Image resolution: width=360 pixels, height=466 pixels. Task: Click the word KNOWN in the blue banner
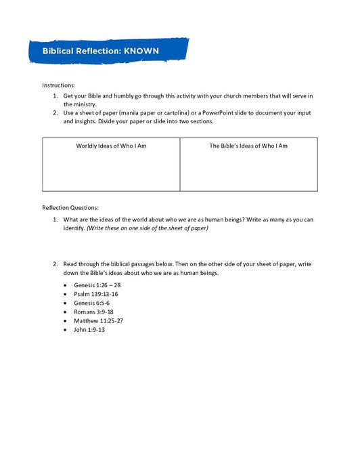(141, 51)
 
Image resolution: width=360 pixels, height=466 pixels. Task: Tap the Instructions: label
(59, 85)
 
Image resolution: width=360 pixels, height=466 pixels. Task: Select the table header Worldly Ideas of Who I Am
(111, 146)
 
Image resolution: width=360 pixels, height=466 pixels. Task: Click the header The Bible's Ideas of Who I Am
(248, 146)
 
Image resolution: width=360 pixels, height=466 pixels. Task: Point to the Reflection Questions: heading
(70, 207)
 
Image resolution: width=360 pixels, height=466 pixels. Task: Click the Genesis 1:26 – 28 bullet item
(97, 285)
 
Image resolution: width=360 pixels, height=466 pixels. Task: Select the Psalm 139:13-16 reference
(96, 294)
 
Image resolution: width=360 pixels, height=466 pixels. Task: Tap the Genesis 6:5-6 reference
(93, 303)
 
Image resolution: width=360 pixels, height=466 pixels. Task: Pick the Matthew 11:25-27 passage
(99, 320)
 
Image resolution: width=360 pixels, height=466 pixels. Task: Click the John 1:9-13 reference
(89, 329)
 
